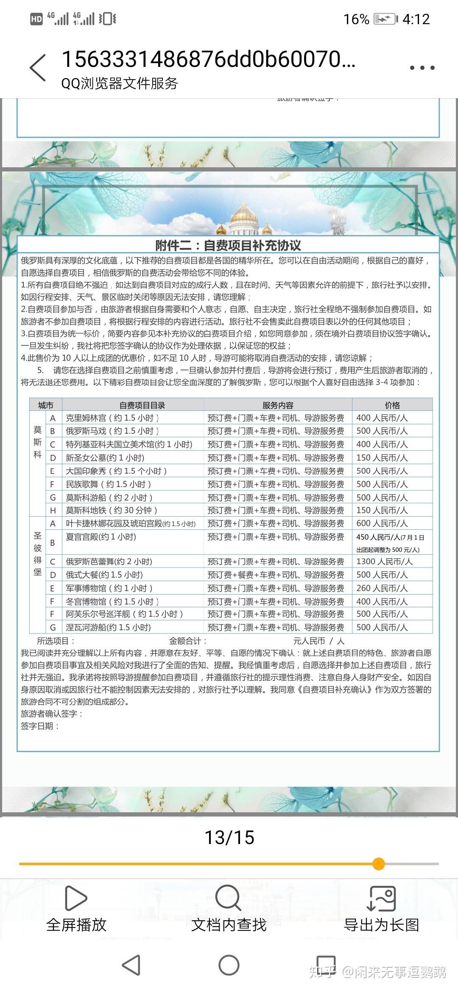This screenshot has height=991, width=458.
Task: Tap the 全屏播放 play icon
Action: click(76, 898)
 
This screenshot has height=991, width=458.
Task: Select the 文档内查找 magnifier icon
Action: click(228, 897)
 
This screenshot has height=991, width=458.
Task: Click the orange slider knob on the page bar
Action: click(379, 864)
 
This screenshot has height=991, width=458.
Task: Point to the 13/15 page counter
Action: click(229, 837)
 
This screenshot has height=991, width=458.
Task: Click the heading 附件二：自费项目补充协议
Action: click(228, 246)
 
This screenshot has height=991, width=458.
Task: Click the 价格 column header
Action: click(392, 405)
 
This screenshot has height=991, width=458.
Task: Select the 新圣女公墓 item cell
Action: click(105, 458)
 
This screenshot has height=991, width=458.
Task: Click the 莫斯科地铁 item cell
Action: click(112, 510)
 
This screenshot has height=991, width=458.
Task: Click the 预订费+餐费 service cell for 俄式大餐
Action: click(276, 575)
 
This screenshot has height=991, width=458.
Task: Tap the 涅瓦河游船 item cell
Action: click(109, 627)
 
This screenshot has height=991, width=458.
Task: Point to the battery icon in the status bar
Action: click(385, 19)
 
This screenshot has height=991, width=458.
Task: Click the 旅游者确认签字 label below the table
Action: click(52, 714)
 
